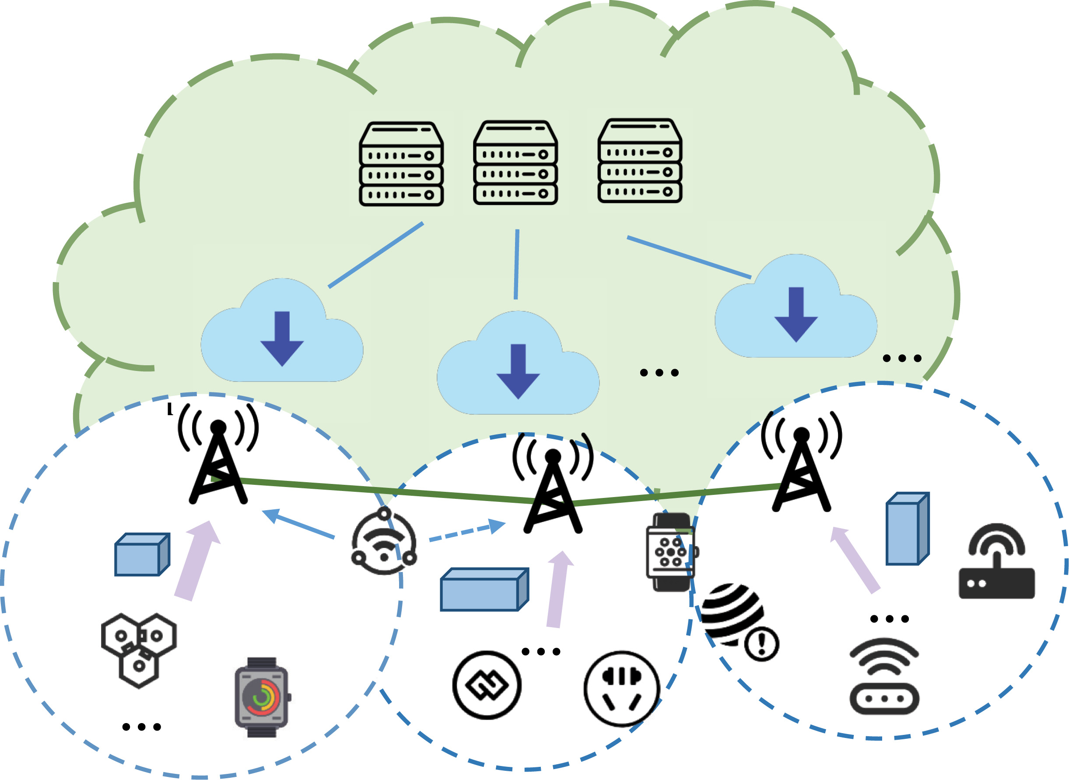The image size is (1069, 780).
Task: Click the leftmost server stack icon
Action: (x=401, y=164)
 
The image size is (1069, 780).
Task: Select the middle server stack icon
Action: (x=515, y=163)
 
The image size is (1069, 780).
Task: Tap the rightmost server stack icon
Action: (x=640, y=161)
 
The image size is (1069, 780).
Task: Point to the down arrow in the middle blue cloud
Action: (x=518, y=371)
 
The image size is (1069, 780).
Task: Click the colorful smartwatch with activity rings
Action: (x=262, y=697)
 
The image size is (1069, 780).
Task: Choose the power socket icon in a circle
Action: (x=621, y=688)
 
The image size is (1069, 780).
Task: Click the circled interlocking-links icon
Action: (x=487, y=685)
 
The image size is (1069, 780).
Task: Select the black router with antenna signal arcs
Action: (x=996, y=561)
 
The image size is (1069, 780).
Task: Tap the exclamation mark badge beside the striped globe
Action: (x=761, y=644)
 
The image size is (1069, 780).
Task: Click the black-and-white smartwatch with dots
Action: (x=671, y=551)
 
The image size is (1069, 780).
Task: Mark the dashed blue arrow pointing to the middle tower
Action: (x=467, y=531)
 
